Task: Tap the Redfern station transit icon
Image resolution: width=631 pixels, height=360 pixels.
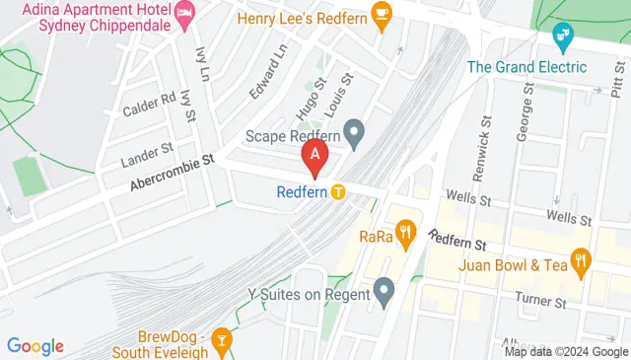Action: (338, 191)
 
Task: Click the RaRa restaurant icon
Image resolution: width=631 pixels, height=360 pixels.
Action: (404, 234)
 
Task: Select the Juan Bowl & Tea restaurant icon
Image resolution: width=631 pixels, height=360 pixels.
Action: (581, 261)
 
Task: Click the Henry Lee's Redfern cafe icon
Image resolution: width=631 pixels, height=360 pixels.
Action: (382, 14)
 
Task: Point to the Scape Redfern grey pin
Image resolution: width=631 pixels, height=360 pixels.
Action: (354, 129)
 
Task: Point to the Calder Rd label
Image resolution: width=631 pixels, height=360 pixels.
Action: (148, 104)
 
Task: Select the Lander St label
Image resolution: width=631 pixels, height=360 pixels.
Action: (146, 150)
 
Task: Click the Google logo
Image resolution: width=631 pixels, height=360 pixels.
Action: (35, 345)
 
